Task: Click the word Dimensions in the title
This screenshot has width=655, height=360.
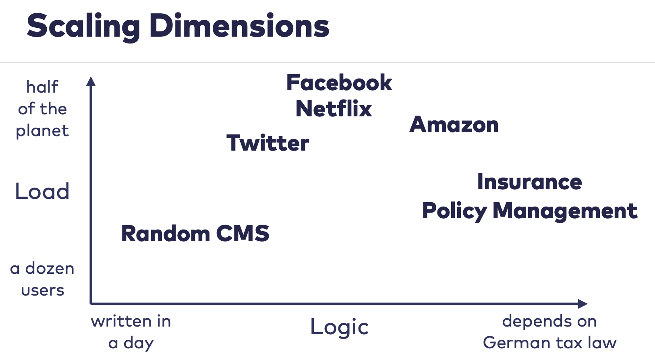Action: (x=240, y=26)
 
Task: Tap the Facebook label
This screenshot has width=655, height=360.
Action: (x=339, y=83)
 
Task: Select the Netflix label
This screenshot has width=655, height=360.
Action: (x=334, y=109)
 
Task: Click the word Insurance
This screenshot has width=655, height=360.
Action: (x=530, y=182)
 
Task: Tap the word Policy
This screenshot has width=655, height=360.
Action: (x=454, y=211)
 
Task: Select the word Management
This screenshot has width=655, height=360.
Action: (x=565, y=211)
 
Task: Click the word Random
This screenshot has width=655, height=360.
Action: (x=166, y=234)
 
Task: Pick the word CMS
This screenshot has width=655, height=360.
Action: (x=243, y=234)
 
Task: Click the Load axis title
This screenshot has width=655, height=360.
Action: (x=42, y=191)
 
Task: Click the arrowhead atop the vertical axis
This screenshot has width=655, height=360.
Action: (x=91, y=81)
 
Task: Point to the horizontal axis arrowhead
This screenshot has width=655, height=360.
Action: (x=583, y=304)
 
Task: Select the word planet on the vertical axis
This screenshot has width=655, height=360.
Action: (x=42, y=131)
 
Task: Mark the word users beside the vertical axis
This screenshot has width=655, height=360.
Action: (x=43, y=290)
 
